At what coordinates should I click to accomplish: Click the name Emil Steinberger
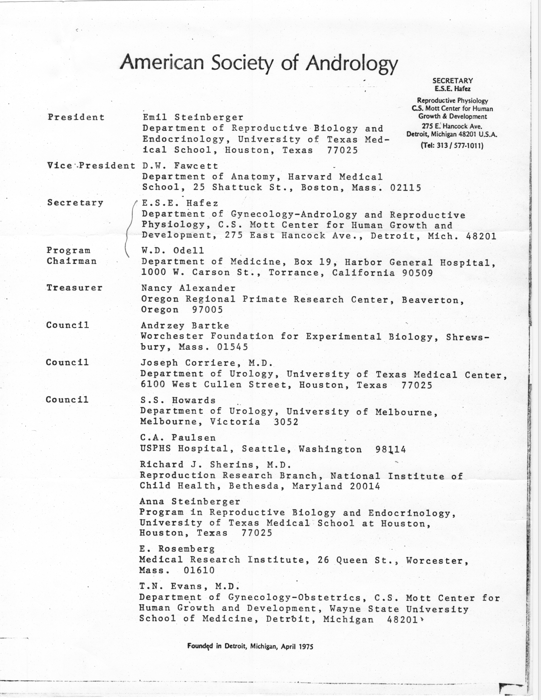(193, 118)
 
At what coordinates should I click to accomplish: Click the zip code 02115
(405, 188)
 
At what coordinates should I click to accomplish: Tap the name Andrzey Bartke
(185, 326)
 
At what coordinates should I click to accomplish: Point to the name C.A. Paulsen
(178, 437)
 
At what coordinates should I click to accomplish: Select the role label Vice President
(91, 166)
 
